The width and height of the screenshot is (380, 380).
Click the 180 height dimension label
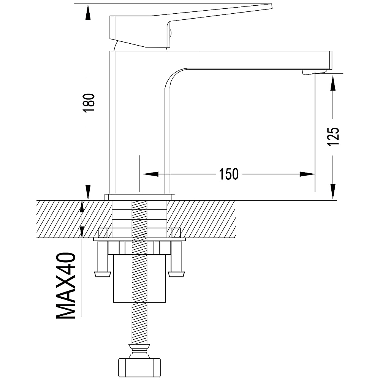pos(88,102)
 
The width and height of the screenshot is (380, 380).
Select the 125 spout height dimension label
pos(333,136)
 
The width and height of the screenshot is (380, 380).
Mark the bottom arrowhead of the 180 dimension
pos(88,192)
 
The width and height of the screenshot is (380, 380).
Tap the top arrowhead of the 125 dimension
pos(333,82)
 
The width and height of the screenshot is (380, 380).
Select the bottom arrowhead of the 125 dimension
pos(333,192)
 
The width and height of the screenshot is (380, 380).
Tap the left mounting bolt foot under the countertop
pos(101,274)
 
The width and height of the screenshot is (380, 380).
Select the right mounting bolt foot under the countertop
pos(176,274)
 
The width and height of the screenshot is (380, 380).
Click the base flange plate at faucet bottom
pos(140,196)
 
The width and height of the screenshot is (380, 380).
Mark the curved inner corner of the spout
pos(173,76)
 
